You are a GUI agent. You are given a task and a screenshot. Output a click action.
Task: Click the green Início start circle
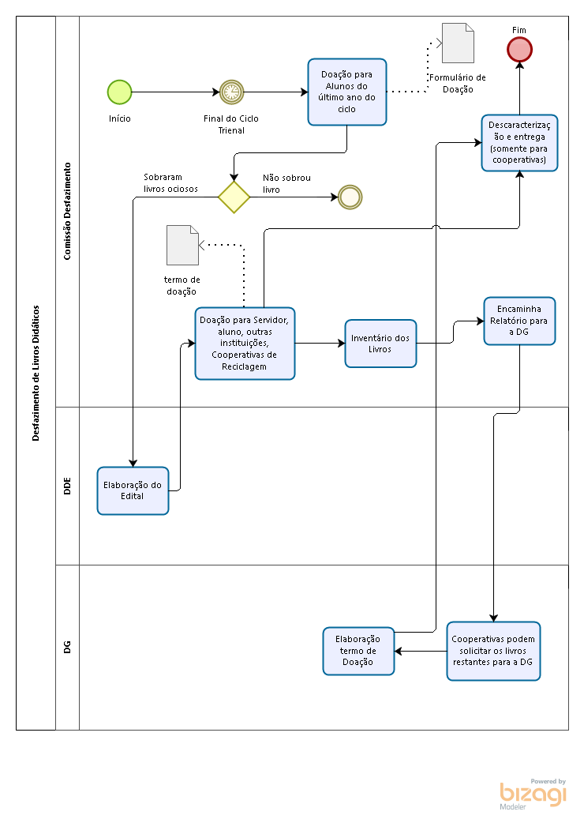pos(119,92)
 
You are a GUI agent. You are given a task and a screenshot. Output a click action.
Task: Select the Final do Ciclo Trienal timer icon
pos(232,92)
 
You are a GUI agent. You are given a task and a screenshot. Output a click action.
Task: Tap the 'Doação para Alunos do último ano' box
pos(347,92)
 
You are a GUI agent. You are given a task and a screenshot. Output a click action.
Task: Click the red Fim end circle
pos(519,50)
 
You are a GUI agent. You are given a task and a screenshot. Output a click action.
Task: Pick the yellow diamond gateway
pos(234,197)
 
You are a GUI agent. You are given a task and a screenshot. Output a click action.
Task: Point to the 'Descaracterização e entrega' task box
pos(519,143)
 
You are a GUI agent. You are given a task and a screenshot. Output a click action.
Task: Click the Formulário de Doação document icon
pos(458,43)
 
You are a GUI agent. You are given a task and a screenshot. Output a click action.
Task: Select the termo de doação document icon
pos(182,245)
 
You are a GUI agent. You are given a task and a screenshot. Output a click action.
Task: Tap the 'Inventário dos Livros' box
pos(380,344)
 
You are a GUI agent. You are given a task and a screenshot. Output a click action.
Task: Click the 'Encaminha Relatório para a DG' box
pos(519,321)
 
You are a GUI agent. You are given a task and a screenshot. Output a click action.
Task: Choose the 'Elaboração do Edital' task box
pos(133,490)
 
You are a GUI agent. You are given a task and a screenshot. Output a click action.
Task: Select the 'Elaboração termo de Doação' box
pos(358,651)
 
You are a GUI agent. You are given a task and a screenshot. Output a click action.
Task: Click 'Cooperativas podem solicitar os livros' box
pos(493,651)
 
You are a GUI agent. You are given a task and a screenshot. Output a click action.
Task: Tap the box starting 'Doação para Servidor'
pos(245,344)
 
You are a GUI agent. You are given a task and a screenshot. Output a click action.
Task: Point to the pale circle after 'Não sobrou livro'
pos(350,197)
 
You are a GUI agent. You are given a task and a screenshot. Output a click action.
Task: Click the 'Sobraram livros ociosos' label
pos(170,182)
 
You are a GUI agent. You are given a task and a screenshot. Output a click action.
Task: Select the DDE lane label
pos(67,486)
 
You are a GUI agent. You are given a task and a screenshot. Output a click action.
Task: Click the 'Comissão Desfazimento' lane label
pos(67,211)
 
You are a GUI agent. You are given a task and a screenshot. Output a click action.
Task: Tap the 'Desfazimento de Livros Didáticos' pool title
pos(36,373)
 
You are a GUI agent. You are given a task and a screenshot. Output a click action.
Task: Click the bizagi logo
pos(533,794)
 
